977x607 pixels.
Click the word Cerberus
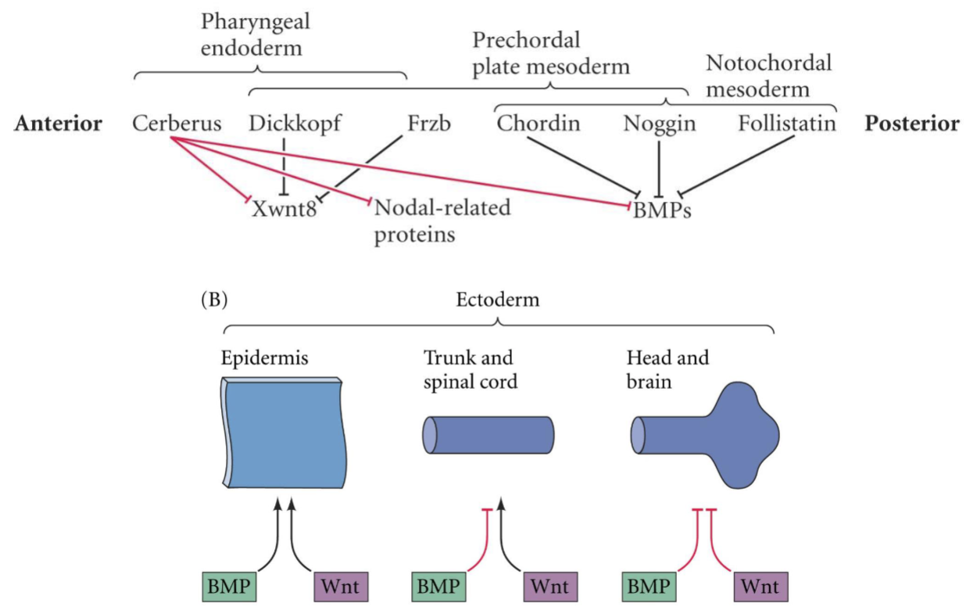click(x=177, y=124)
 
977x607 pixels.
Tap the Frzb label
click(x=429, y=124)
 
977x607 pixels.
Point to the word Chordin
click(x=539, y=124)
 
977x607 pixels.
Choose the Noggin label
click(x=660, y=124)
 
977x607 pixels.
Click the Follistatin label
click(x=787, y=124)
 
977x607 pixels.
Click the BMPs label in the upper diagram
click(x=662, y=210)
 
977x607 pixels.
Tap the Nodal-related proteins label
click(x=442, y=221)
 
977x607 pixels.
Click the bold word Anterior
click(x=58, y=124)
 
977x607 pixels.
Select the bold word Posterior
click(x=911, y=124)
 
